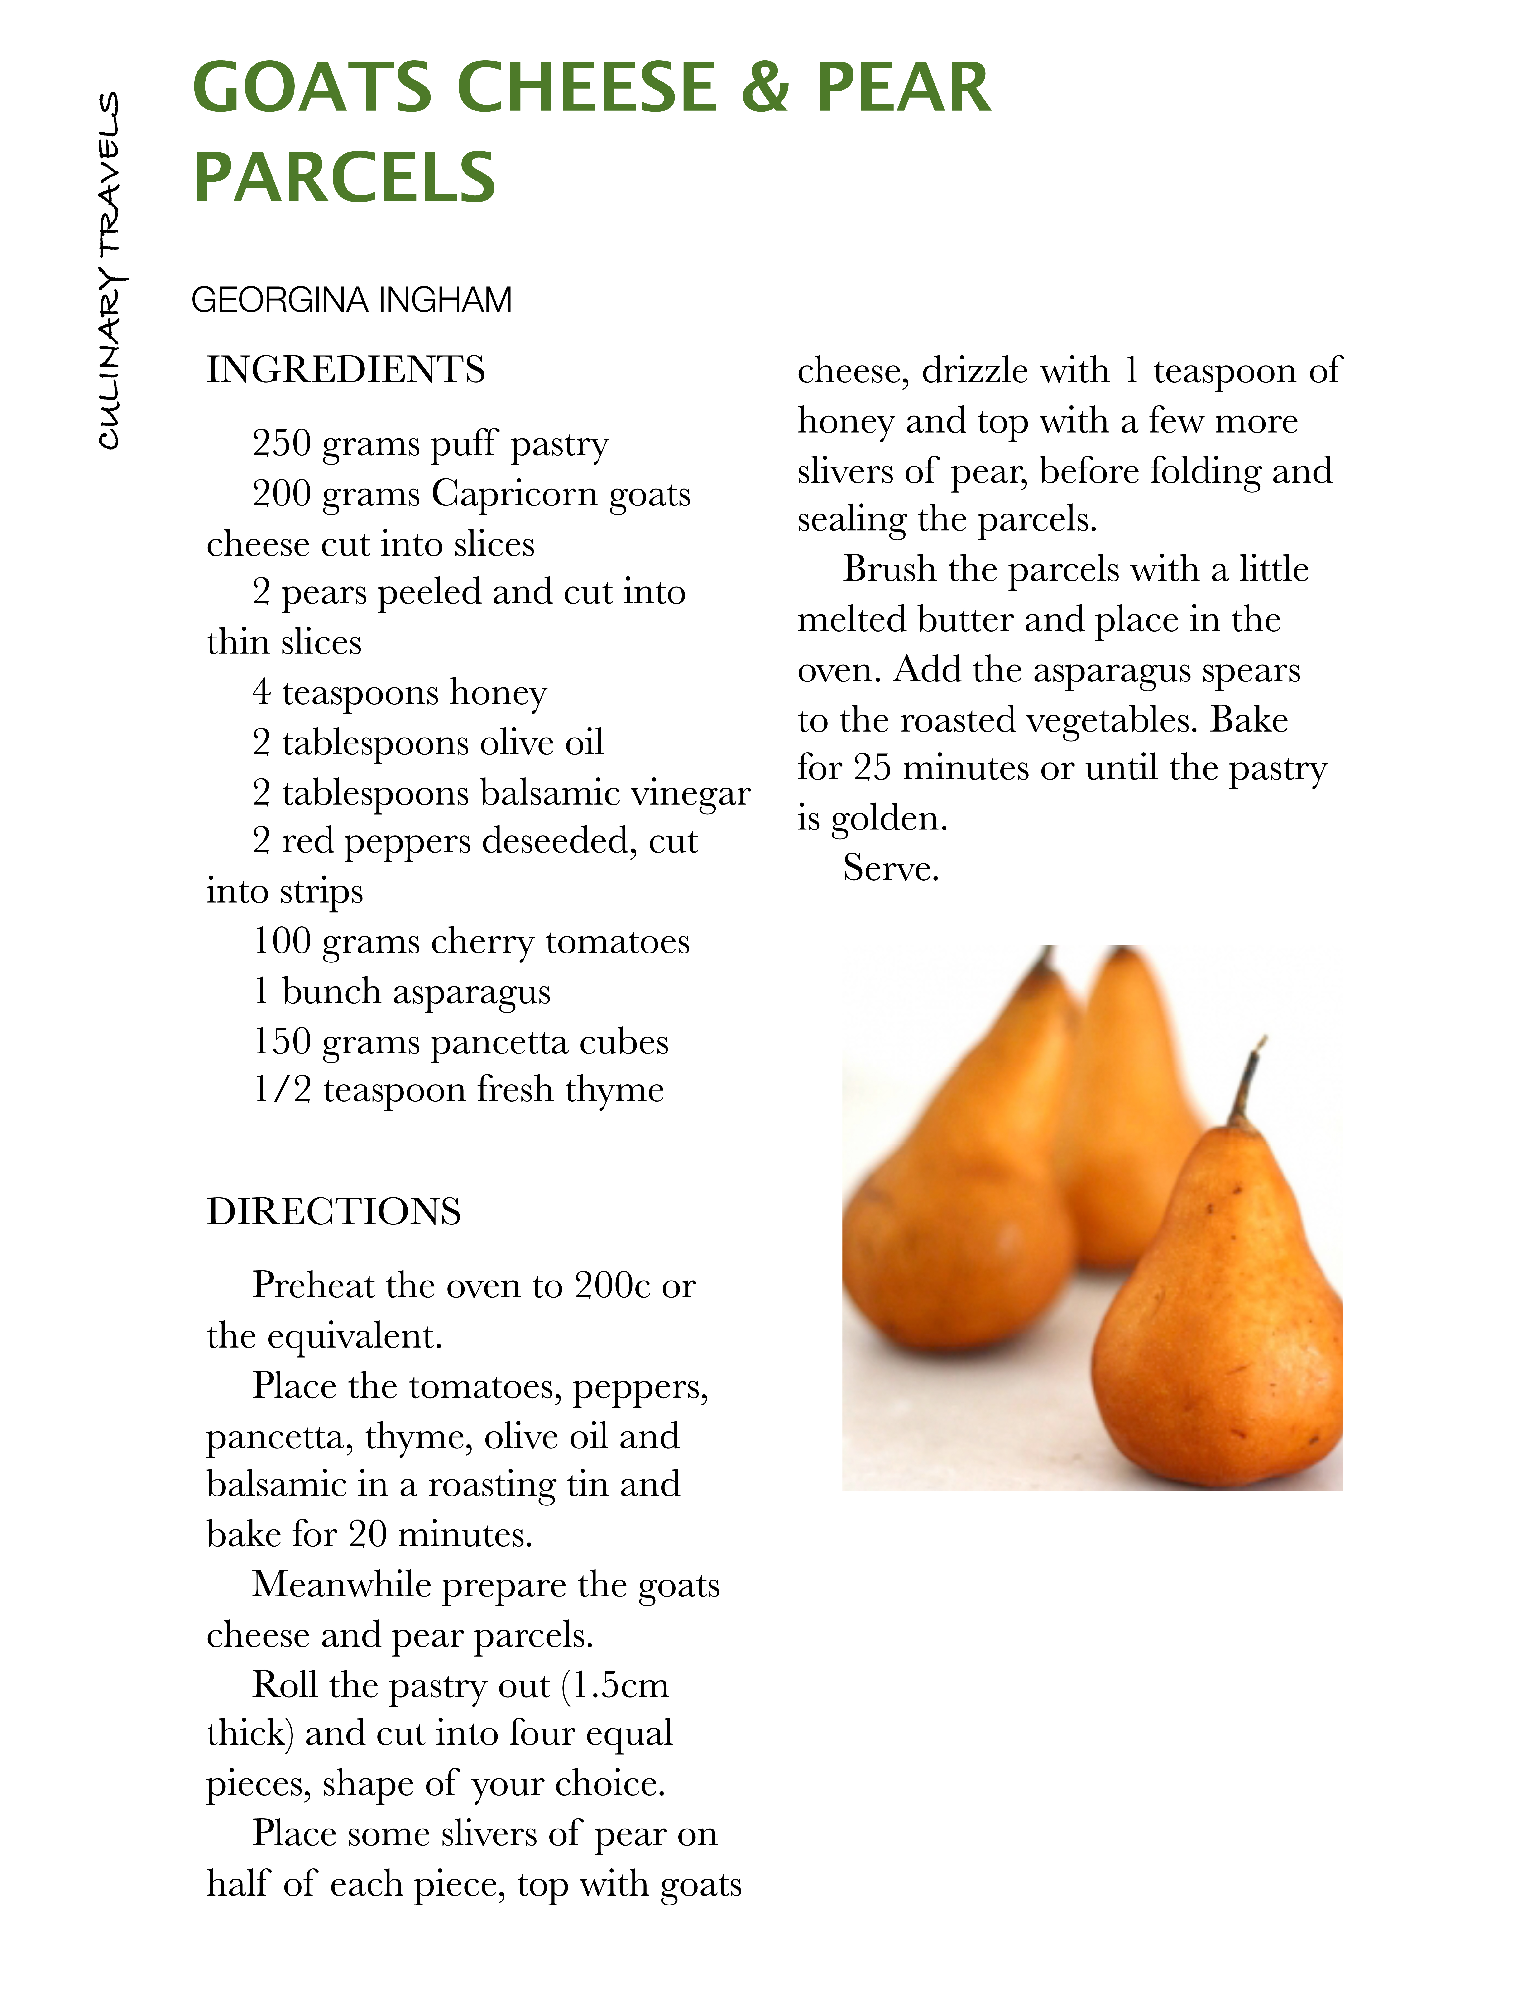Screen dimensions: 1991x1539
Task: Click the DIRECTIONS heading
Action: [334, 1212]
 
